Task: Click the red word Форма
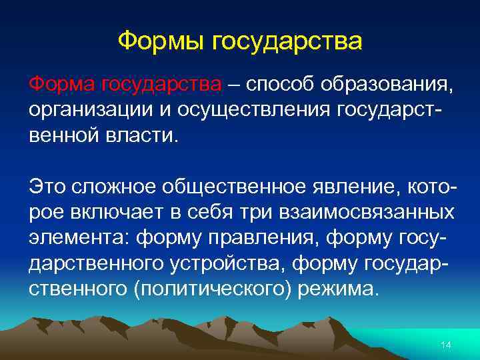(x=61, y=85)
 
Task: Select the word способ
(x=279, y=85)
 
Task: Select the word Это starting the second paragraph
(x=48, y=188)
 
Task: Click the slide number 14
(x=446, y=345)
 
